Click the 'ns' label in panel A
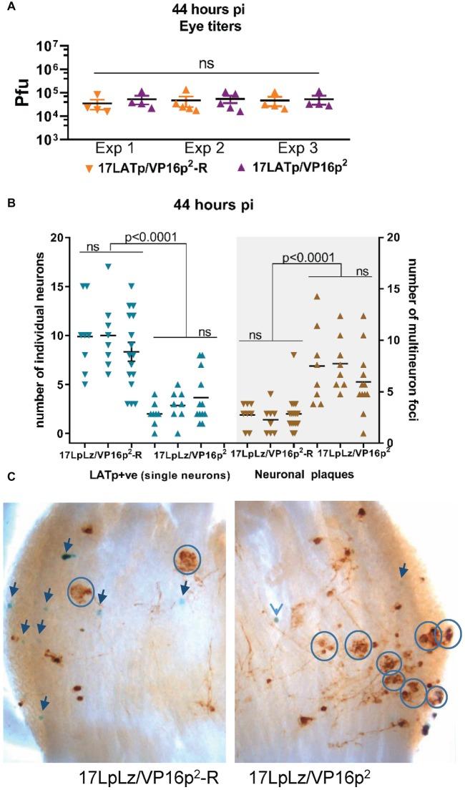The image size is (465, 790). [x=207, y=63]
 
